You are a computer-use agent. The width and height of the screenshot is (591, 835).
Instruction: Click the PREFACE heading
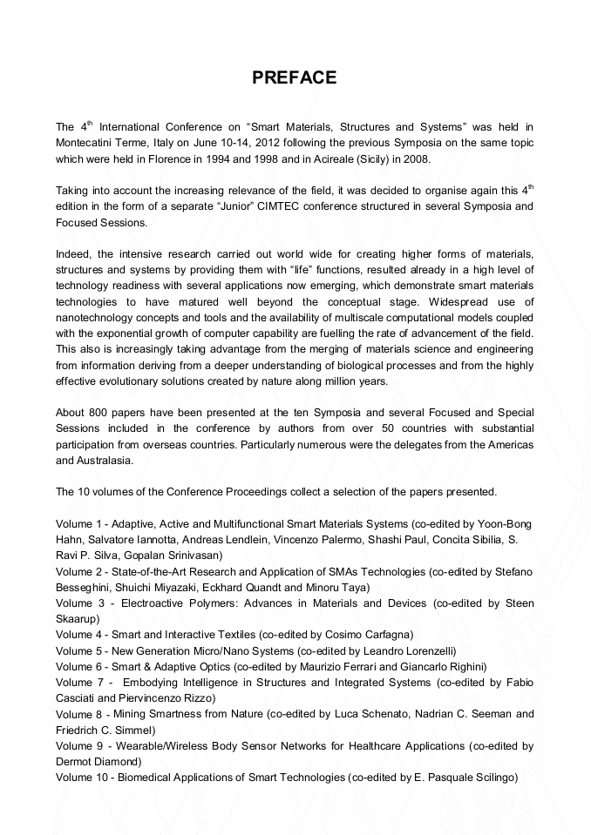pos(295,78)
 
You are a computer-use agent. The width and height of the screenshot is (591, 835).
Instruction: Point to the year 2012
pos(267,143)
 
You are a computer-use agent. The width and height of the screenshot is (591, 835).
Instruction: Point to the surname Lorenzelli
pos(425,650)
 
